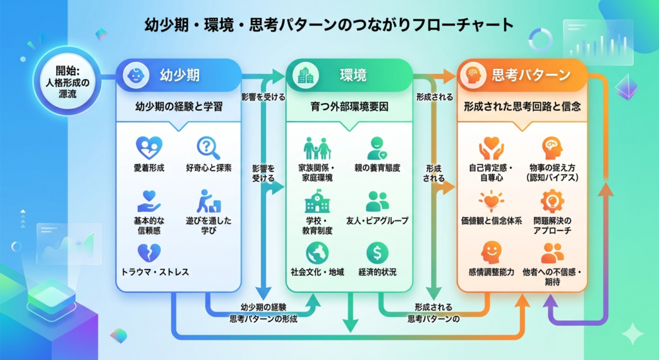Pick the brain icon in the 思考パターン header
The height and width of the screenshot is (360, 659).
(474, 75)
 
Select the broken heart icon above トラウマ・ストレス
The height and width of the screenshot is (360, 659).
(149, 252)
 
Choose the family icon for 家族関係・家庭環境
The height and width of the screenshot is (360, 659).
(317, 149)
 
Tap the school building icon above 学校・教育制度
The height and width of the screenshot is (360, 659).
(317, 202)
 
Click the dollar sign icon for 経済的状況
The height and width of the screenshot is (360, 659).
(377, 252)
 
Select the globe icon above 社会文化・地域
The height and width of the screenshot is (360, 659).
(317, 252)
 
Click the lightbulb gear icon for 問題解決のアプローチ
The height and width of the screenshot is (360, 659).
(552, 202)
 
